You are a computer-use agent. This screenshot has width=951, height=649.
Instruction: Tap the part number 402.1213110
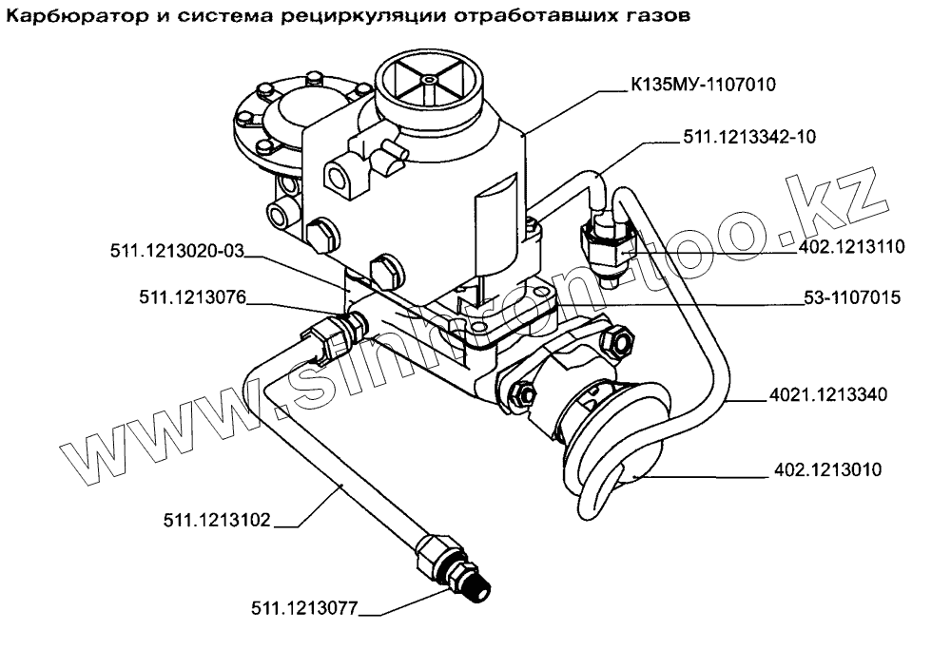pyautogui.click(x=840, y=248)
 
